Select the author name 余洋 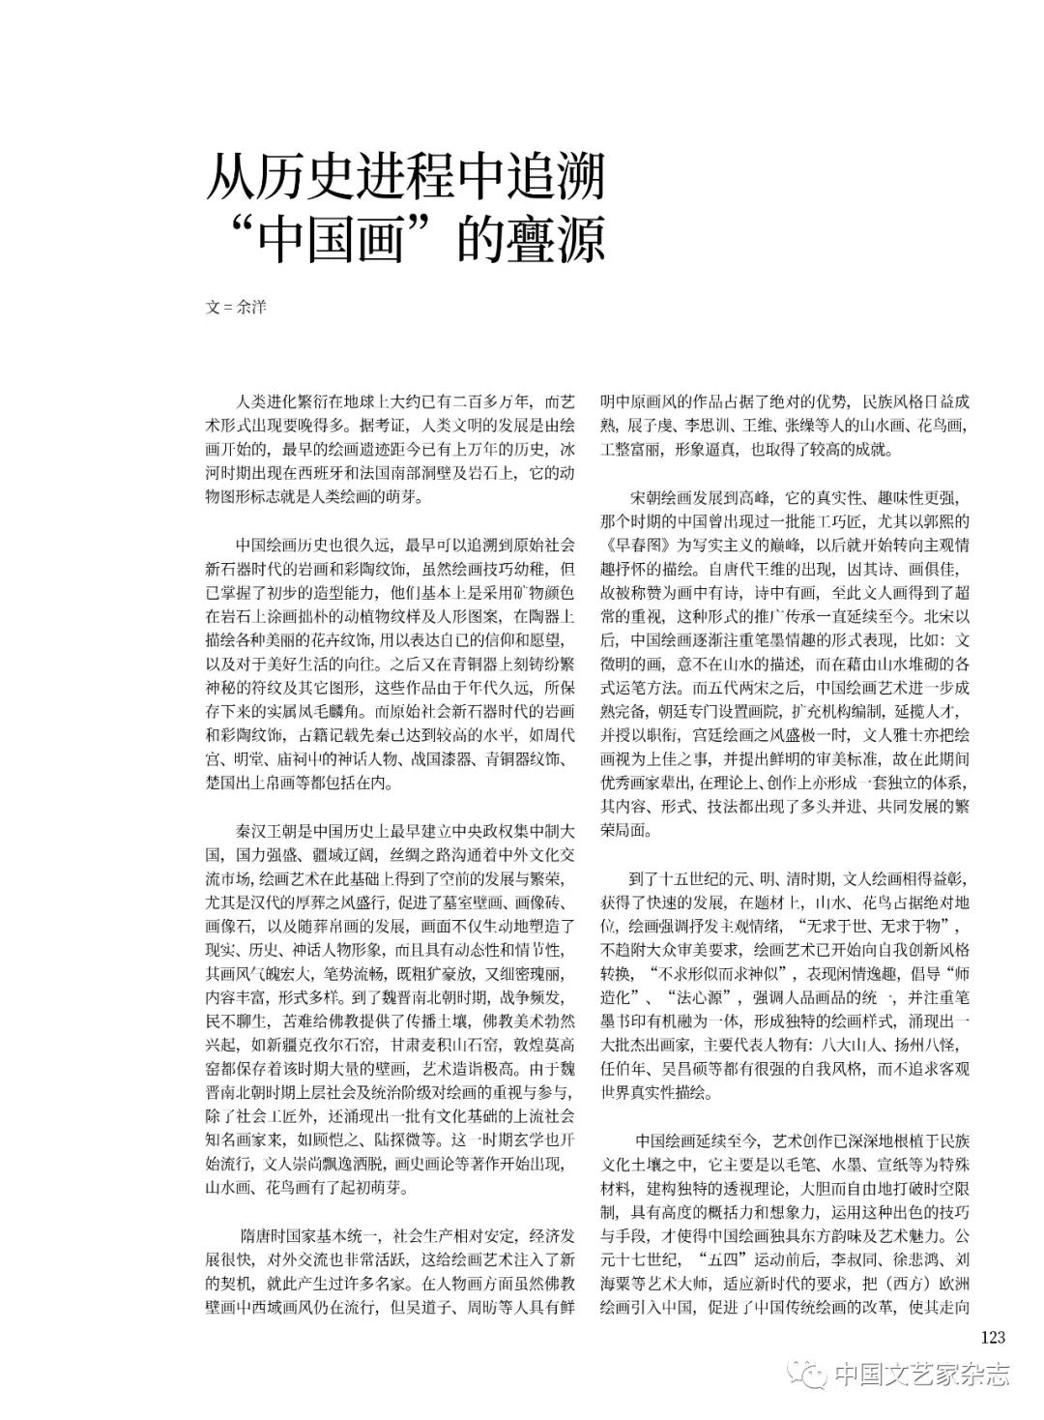[x=251, y=308]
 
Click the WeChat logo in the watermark [x=802, y=1374]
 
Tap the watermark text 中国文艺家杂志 [x=921, y=1374]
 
